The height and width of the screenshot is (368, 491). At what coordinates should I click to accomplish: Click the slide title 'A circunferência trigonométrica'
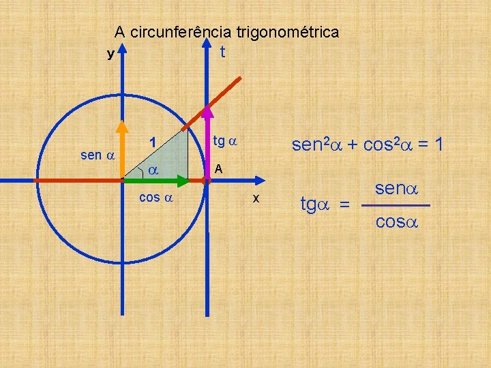pyautogui.click(x=226, y=32)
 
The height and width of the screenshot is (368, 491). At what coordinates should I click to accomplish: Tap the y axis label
pyautogui.click(x=110, y=54)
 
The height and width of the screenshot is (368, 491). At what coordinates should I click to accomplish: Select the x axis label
pyautogui.click(x=255, y=198)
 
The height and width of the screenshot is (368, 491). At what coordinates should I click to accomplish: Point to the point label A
pyautogui.click(x=218, y=168)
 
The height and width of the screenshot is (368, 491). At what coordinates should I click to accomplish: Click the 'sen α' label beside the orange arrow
pyautogui.click(x=96, y=155)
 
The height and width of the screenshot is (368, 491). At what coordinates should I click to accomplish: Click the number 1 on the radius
pyautogui.click(x=153, y=143)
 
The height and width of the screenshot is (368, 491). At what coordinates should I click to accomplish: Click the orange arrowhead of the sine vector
pyautogui.click(x=122, y=126)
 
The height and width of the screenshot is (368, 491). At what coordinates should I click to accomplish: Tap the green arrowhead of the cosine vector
pyautogui.click(x=182, y=181)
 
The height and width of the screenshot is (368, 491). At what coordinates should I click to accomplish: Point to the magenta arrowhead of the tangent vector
pyautogui.click(x=207, y=111)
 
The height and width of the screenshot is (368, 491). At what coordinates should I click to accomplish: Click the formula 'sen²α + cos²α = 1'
pyautogui.click(x=368, y=144)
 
